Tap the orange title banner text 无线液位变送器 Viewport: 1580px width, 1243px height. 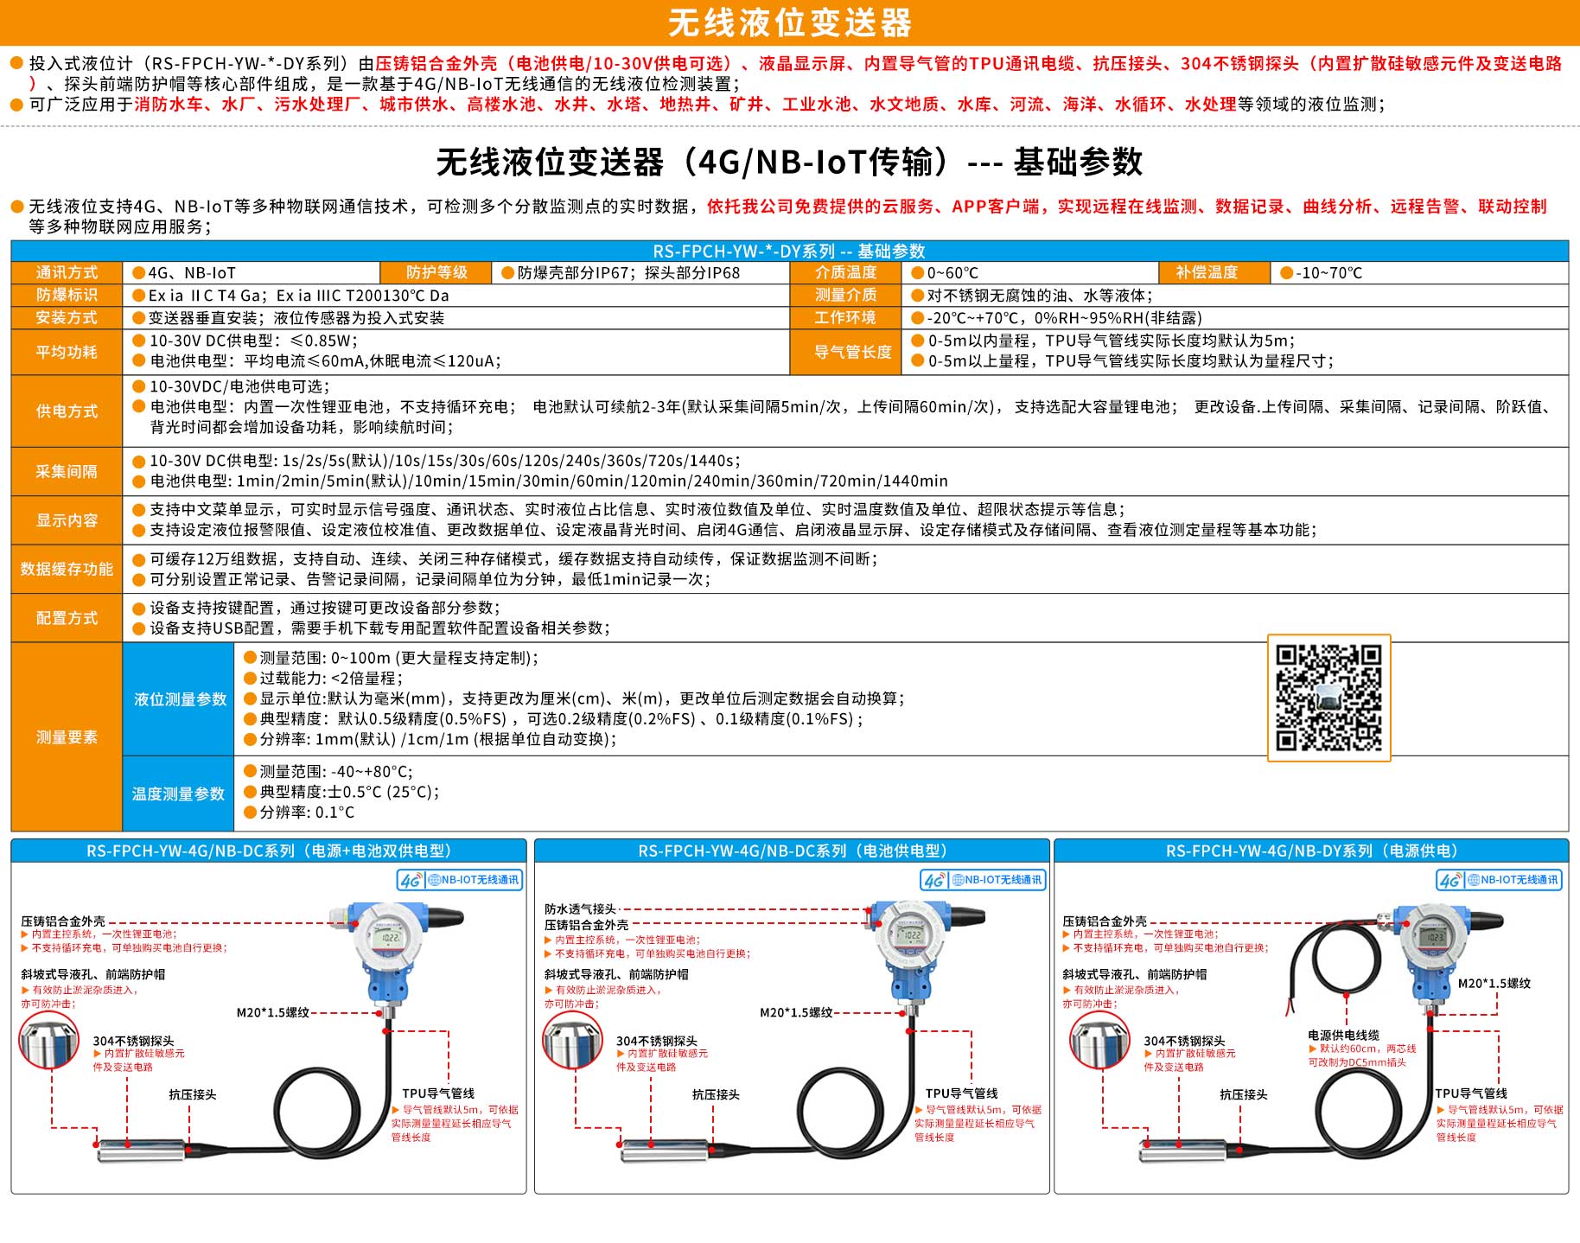(x=790, y=22)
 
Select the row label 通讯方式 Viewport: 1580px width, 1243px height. (x=67, y=272)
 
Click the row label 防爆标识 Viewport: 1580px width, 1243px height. (x=67, y=295)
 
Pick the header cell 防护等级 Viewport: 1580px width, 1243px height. (x=436, y=272)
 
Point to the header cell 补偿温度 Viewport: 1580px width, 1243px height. (x=1207, y=272)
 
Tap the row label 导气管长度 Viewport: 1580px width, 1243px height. (x=852, y=352)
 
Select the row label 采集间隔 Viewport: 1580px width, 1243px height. (x=67, y=471)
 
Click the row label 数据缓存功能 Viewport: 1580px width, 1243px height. (x=67, y=569)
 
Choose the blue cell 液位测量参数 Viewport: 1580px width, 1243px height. (x=180, y=699)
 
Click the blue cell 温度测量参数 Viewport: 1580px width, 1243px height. (x=178, y=794)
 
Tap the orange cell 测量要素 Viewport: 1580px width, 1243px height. (x=67, y=737)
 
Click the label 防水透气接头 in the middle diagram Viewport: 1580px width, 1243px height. (x=580, y=909)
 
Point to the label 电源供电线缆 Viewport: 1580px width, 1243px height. (x=1343, y=1035)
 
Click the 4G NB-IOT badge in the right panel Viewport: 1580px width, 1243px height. (x=1499, y=880)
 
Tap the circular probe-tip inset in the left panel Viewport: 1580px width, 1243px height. (x=49, y=1041)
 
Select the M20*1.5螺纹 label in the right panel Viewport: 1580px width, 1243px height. (x=1494, y=983)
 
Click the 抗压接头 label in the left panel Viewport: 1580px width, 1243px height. (x=192, y=1094)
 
